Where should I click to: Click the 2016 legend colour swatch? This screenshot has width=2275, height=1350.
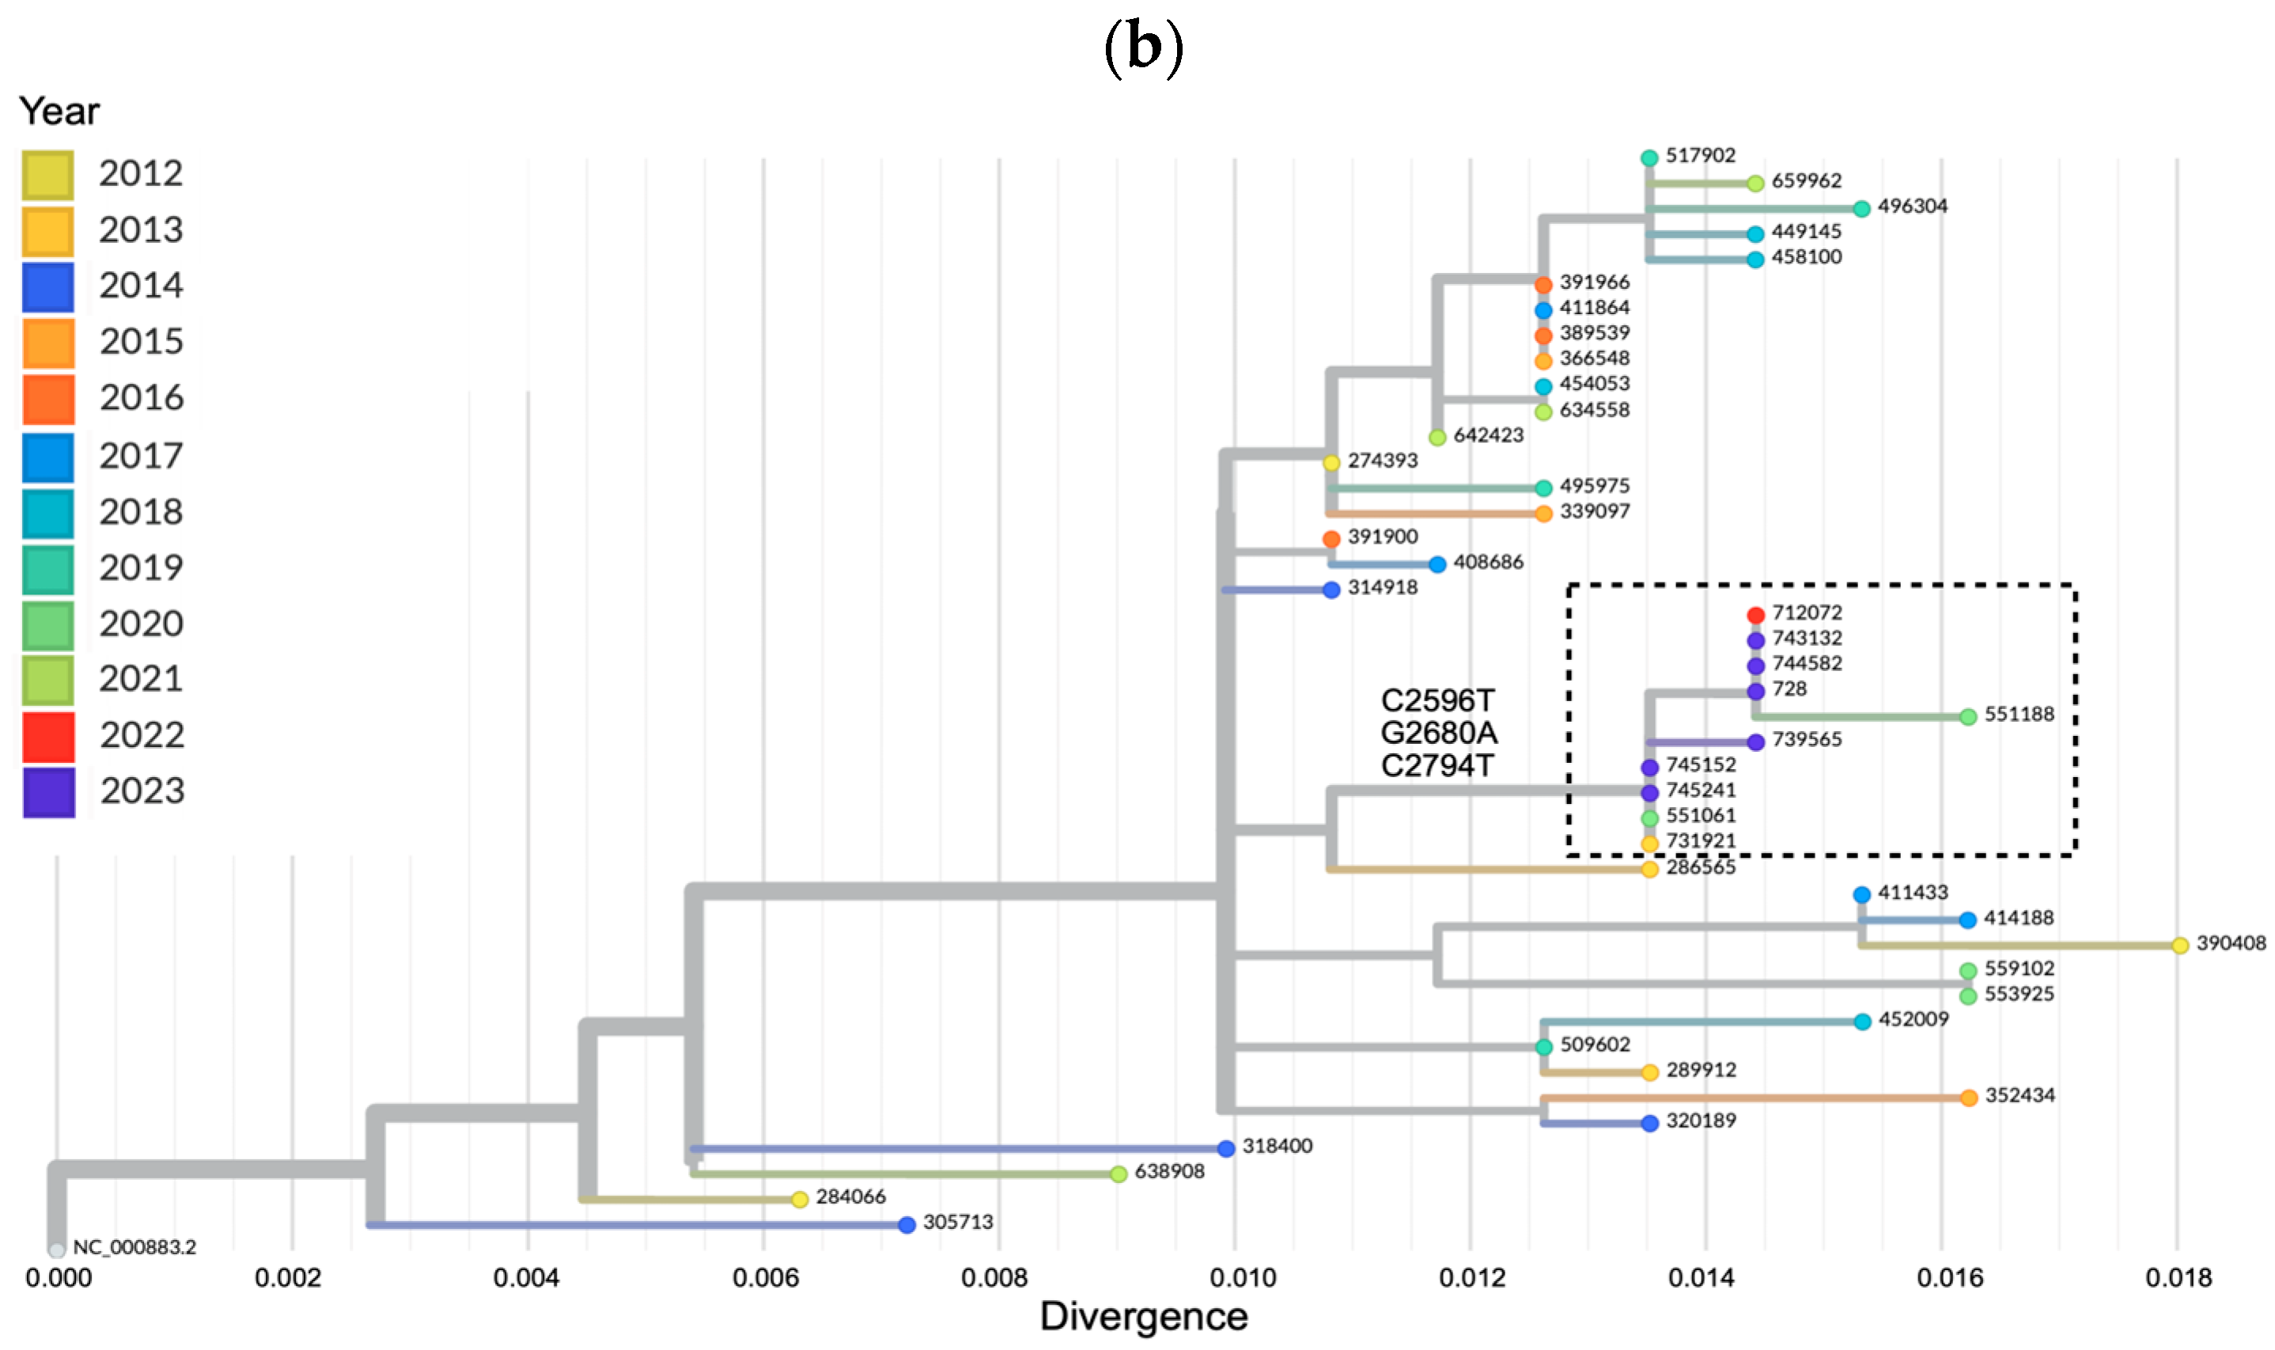click(48, 400)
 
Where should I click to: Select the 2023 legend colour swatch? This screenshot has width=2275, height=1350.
click(48, 792)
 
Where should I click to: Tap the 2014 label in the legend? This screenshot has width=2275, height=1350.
click(141, 286)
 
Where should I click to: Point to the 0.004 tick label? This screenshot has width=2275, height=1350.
click(525, 1278)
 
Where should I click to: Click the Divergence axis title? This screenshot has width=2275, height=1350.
click(1143, 1316)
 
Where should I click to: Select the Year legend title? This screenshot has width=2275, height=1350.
click(59, 111)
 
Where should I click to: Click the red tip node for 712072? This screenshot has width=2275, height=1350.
click(1755, 616)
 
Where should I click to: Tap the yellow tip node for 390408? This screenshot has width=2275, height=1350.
click(2179, 946)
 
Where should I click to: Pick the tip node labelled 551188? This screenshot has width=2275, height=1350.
click(1967, 717)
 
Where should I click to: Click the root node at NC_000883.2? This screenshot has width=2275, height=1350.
click(56, 1251)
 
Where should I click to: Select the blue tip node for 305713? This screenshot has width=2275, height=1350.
click(906, 1226)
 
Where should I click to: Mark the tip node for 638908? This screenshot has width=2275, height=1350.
click(1119, 1174)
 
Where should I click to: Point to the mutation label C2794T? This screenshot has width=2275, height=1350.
click(1437, 766)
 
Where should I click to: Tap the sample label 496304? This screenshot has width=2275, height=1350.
click(1912, 207)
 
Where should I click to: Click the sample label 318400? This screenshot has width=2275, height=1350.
click(1277, 1146)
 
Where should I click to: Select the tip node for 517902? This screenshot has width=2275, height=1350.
click(1649, 158)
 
